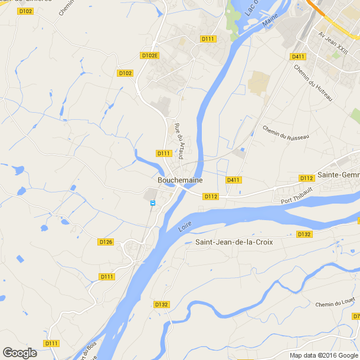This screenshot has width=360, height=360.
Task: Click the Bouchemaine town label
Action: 180,180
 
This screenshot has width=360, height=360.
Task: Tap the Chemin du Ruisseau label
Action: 286,132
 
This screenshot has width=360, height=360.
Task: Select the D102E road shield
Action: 150,55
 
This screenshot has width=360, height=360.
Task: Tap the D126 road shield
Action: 106,242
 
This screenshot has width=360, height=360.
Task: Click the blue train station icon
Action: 153,203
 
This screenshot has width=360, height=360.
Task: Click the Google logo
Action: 19,353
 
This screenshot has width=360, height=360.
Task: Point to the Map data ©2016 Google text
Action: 323,355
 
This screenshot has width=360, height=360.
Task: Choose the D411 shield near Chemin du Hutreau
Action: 298,57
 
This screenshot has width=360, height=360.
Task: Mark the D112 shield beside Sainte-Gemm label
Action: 306,178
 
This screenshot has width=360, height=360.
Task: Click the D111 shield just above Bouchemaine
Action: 163,153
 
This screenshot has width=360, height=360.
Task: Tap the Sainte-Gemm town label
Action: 338,175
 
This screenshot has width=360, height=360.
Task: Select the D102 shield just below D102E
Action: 125,73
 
